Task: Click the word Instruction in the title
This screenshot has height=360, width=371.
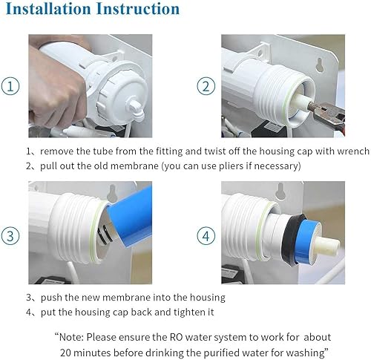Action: (x=138, y=10)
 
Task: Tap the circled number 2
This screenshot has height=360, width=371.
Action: (x=206, y=85)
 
